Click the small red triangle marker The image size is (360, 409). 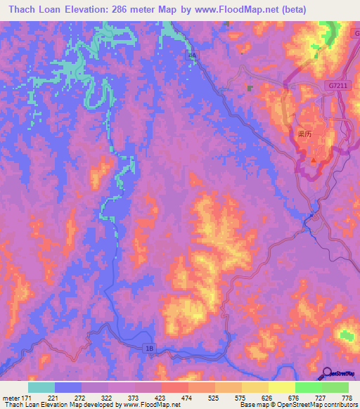coord(313,160)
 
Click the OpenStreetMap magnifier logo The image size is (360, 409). coord(328,372)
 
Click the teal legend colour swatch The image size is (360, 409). coord(41,387)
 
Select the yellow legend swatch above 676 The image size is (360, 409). coord(281,387)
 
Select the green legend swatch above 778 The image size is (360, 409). coord(335,387)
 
